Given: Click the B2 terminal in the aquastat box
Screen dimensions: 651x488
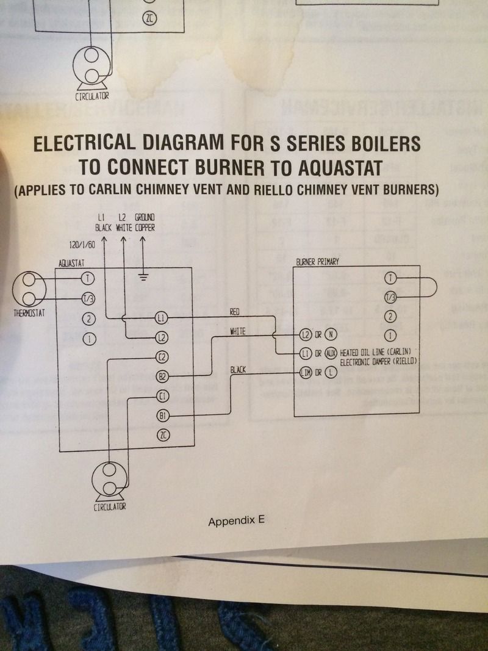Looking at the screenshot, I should click(x=163, y=377).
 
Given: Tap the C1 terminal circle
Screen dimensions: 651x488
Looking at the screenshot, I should click(x=163, y=396).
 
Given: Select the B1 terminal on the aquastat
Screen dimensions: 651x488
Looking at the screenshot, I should click(x=163, y=415).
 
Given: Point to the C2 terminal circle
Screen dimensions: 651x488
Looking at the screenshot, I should click(x=162, y=356).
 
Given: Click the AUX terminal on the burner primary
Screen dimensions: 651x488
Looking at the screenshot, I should click(x=331, y=353).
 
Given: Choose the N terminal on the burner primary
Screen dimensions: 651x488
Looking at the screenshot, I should click(x=331, y=334).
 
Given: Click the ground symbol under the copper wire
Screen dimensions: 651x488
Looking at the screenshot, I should click(x=143, y=278).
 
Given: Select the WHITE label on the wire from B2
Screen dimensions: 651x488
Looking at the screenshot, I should click(x=237, y=331).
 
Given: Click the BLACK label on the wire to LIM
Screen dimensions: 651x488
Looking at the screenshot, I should click(x=239, y=370).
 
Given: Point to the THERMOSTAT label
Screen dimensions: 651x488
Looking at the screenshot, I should click(x=30, y=315).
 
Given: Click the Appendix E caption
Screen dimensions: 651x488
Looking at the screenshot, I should click(x=237, y=522).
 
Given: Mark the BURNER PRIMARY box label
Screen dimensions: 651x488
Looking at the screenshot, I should click(x=317, y=262).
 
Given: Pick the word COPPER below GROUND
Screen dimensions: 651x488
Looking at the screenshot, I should click(x=145, y=228).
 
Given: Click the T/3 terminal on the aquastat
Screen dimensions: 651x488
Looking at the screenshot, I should click(x=88, y=298).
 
